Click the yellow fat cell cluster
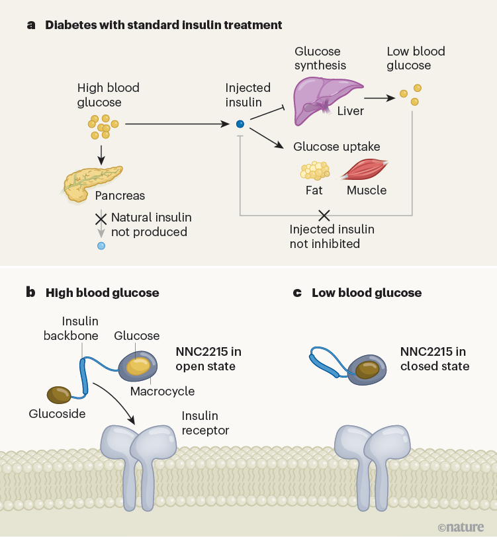point(314,171)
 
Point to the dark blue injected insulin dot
point(240,124)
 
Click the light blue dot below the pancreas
point(101,246)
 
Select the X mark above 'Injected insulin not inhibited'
point(324,215)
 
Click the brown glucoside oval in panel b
point(60,395)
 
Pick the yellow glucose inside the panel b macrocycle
point(140,366)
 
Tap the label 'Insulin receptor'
point(205,423)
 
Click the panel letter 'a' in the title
point(31,25)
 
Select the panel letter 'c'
point(297,292)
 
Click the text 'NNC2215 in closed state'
point(434,359)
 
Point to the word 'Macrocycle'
point(162,391)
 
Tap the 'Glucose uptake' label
point(337,146)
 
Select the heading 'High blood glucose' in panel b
point(102,292)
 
